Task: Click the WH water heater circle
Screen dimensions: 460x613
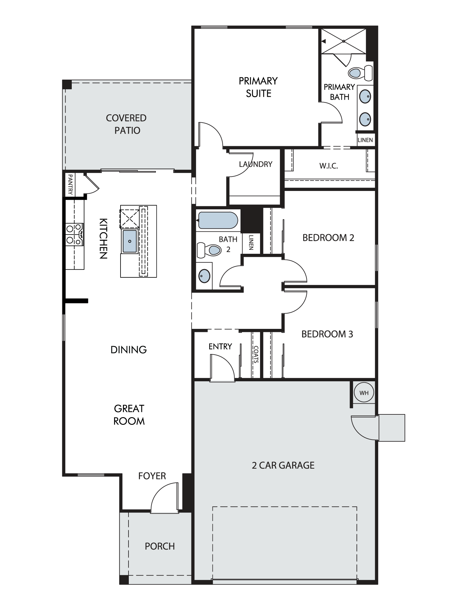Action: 364,393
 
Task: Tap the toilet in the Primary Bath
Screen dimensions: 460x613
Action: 360,73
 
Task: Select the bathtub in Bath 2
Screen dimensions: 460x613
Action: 218,220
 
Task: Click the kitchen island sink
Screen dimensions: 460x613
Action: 130,241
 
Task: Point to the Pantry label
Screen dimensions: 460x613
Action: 70,185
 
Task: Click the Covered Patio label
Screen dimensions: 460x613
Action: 126,124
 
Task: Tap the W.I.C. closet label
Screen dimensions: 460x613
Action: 328,166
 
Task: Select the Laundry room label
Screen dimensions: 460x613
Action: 256,164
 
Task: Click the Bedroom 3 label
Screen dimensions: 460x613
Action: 327,334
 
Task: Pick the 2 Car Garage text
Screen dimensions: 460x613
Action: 283,465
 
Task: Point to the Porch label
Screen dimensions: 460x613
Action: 160,546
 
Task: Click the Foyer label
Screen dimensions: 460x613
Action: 152,476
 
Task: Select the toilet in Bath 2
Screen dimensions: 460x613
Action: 209,250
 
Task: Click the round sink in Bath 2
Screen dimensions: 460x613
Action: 205,276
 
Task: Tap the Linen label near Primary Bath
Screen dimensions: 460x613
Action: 365,140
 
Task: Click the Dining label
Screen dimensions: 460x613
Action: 128,350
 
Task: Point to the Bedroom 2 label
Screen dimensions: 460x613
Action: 328,238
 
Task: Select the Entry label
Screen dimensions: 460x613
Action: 220,346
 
